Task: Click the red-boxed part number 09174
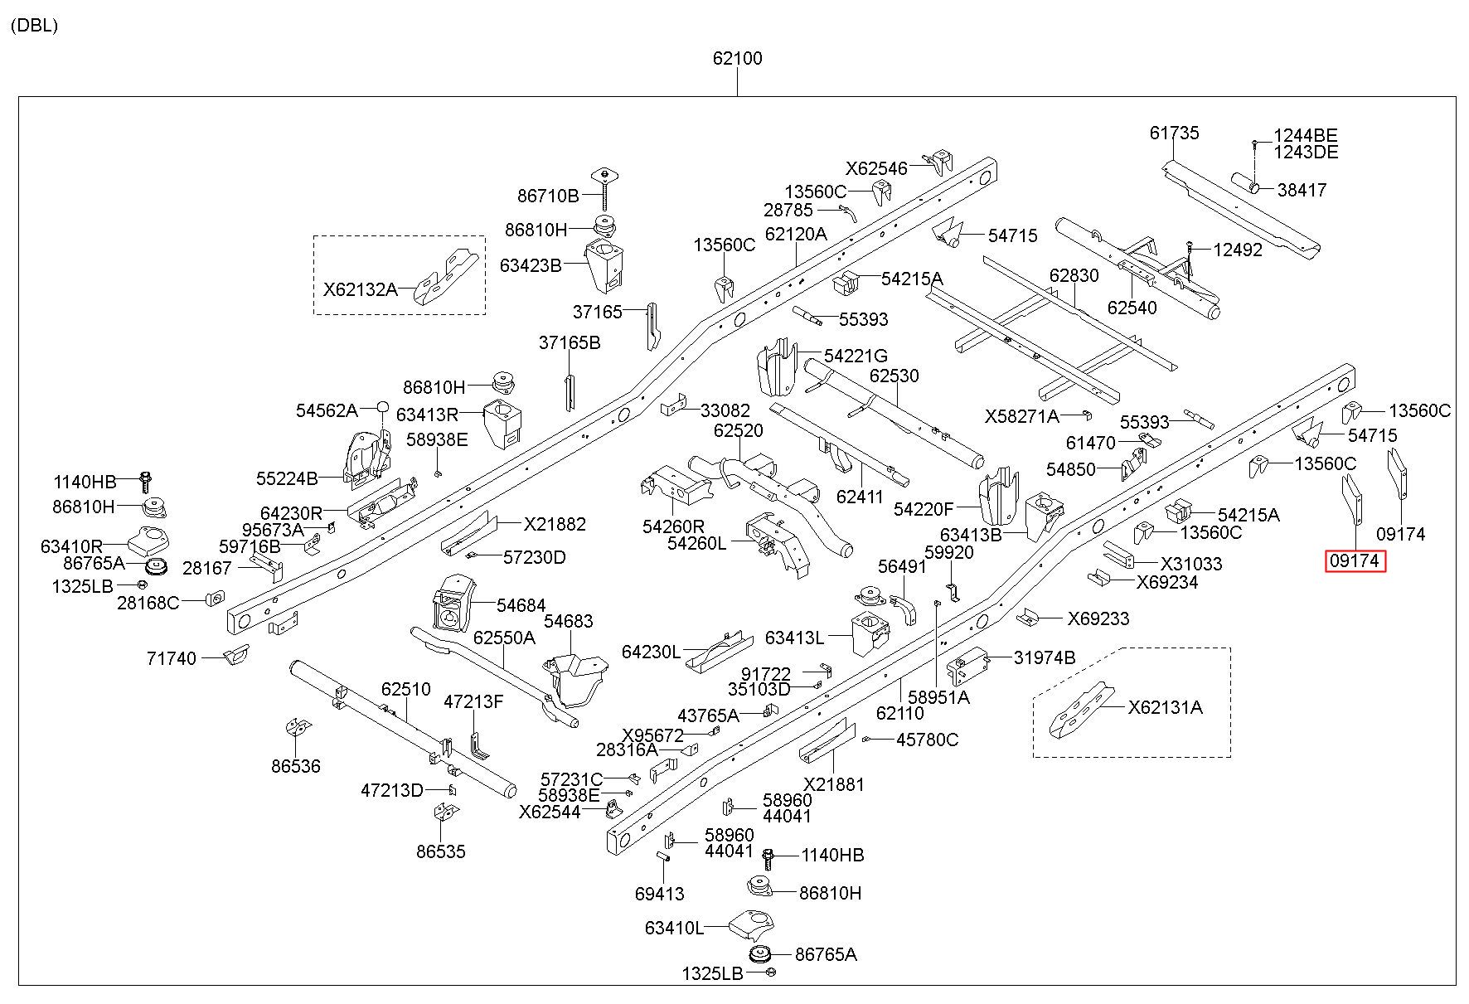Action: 1355,561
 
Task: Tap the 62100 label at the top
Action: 737,59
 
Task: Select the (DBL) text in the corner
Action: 35,26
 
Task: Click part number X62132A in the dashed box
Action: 360,289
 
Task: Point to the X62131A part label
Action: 1165,707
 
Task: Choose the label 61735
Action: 1174,133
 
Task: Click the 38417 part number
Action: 1302,190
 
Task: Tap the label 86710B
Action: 548,196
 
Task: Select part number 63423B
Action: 531,265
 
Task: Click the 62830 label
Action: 1074,275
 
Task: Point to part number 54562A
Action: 327,410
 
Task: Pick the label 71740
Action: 172,658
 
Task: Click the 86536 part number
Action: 295,766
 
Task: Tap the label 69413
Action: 660,894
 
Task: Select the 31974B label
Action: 1045,657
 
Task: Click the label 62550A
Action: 504,638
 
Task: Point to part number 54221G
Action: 856,356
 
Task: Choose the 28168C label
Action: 148,603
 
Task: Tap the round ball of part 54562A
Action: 383,407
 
